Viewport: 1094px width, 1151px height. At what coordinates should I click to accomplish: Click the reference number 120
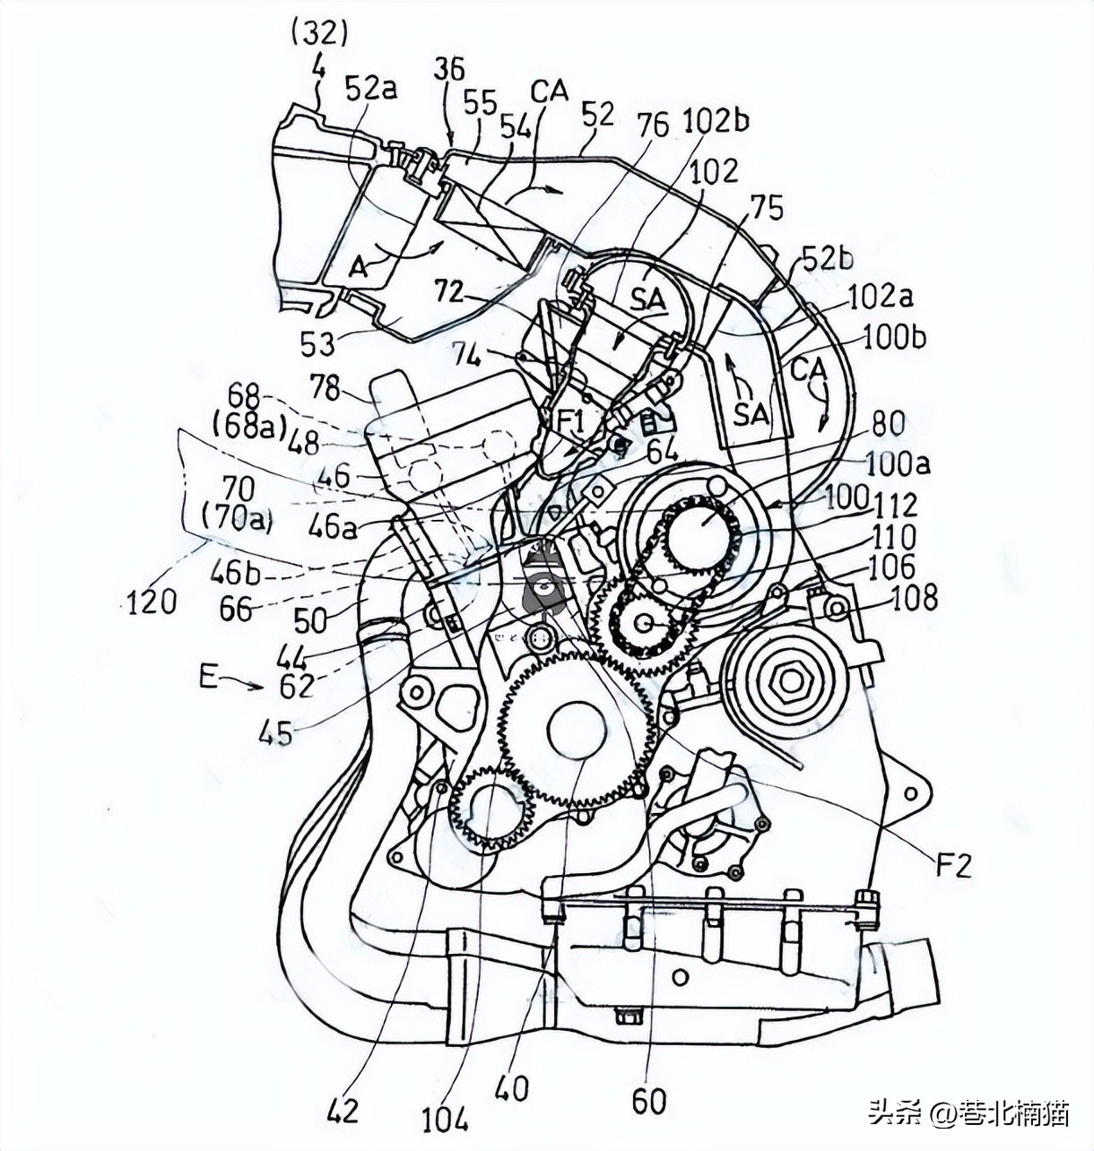pos(152,601)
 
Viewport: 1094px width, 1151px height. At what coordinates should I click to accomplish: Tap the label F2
pos(954,864)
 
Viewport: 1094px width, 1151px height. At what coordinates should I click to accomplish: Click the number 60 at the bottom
pos(648,1100)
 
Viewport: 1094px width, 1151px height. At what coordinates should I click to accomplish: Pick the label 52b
pos(827,258)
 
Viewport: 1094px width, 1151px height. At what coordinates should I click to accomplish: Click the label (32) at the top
pos(319,33)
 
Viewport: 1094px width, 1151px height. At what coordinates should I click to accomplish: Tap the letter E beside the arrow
pos(208,677)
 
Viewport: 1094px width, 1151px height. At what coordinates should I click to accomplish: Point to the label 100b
pos(894,337)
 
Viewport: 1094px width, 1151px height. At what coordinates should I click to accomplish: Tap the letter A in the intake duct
pos(359,266)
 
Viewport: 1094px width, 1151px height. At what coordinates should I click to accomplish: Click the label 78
pos(325,388)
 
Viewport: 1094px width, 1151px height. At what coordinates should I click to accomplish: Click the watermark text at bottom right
pos(968,1113)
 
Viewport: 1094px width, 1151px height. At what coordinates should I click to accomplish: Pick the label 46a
pos(333,528)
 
